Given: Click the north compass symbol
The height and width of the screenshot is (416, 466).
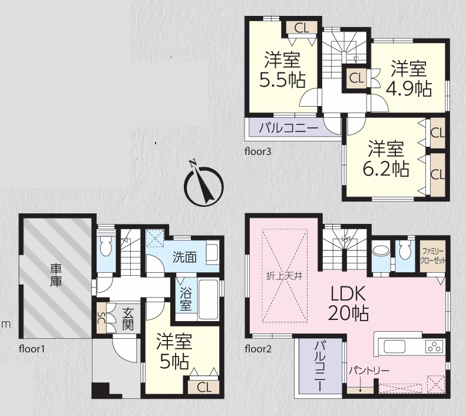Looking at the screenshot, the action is click(x=204, y=184).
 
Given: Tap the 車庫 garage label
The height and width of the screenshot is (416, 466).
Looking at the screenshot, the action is click(x=55, y=275).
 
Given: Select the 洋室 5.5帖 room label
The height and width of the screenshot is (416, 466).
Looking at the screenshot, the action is click(x=282, y=70).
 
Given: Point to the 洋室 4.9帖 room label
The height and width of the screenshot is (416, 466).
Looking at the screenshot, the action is click(x=409, y=78).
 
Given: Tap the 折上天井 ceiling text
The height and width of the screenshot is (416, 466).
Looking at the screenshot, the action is click(x=285, y=276).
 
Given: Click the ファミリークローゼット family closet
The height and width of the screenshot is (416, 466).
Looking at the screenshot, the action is click(x=432, y=256).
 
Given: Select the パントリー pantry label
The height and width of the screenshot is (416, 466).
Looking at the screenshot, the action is click(x=369, y=371).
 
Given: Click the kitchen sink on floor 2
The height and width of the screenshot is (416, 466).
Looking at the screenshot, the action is click(x=394, y=346).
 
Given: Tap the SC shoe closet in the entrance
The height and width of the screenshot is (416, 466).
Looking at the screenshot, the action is click(x=101, y=318).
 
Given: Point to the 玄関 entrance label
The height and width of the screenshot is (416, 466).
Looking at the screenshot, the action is click(x=127, y=319).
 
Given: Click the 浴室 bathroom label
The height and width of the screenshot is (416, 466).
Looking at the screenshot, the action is click(x=186, y=299).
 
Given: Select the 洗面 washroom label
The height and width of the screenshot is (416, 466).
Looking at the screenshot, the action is click(x=184, y=257).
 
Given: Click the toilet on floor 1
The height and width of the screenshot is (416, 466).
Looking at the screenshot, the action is click(x=105, y=246).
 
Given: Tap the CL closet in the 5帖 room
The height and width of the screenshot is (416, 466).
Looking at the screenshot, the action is click(x=204, y=387).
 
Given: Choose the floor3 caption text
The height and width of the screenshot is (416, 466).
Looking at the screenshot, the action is click(x=258, y=151).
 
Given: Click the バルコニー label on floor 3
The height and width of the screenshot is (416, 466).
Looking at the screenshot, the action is click(x=289, y=128).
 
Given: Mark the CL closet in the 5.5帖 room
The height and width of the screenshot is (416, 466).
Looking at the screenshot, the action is click(x=302, y=28).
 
